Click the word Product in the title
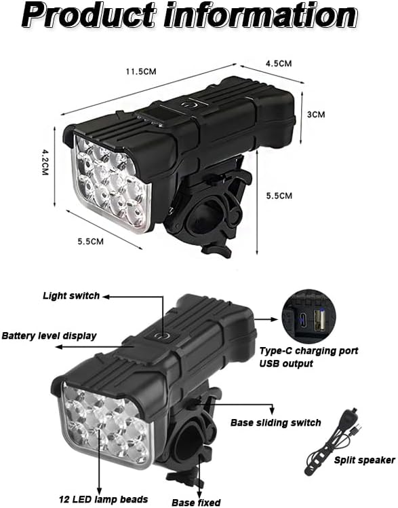89,15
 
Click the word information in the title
260,14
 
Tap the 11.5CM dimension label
141,71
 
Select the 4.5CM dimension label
279,63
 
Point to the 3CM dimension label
316,114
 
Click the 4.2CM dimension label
45,162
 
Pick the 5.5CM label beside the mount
279,196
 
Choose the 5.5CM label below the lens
91,241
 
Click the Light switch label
71,295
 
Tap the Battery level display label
49,335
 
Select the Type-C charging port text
309,351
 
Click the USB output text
286,363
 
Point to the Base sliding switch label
276,422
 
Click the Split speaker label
364,460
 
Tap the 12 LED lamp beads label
103,499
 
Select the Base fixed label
196,502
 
